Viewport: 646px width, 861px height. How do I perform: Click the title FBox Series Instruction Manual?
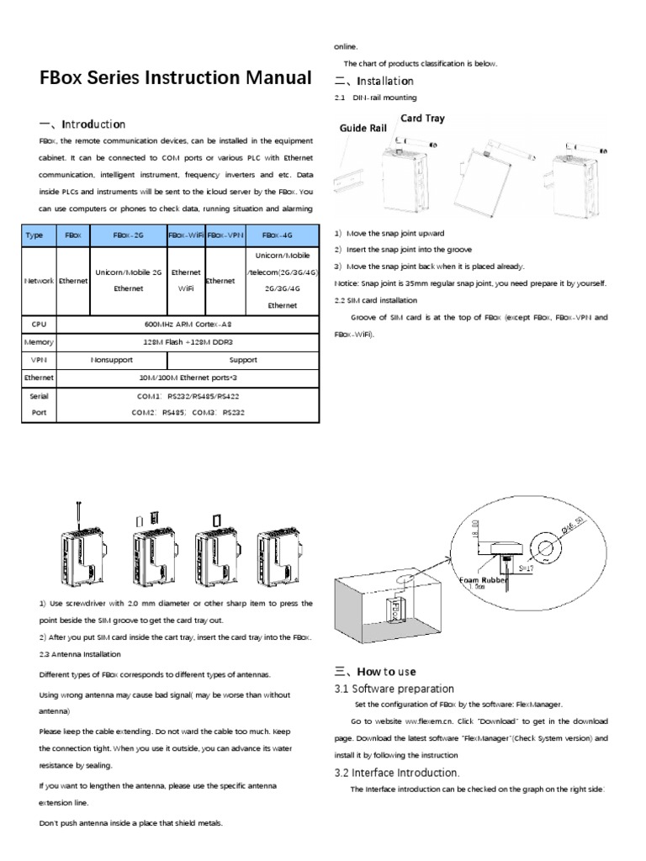[175, 79]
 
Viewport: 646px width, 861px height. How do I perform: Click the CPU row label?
[38, 322]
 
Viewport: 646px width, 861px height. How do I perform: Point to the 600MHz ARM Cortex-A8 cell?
[187, 322]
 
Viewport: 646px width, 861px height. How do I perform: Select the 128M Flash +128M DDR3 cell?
[187, 341]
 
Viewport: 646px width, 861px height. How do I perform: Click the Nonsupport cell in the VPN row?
[111, 359]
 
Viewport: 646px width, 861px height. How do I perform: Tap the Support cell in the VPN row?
[243, 359]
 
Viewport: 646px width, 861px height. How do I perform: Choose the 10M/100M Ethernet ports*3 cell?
[187, 378]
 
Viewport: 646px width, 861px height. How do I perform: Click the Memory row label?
[38, 341]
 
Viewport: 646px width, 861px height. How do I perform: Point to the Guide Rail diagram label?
[363, 129]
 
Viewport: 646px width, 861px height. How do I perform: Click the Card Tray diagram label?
[422, 119]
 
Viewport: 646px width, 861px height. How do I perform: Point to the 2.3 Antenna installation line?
[80, 654]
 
